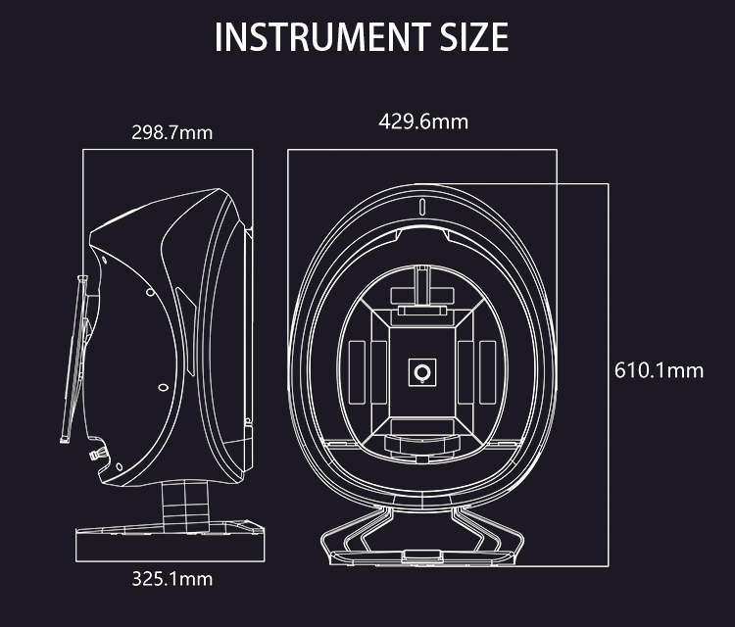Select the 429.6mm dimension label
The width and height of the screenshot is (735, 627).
[x=423, y=121]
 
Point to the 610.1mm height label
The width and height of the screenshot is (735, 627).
[x=659, y=370]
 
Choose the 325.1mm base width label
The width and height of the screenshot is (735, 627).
[x=171, y=579]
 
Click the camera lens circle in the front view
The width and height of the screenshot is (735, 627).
[x=422, y=371]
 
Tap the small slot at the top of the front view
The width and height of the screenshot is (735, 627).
[x=422, y=207]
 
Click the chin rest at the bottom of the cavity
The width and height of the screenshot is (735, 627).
[x=422, y=439]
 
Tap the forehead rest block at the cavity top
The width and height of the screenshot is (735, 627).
[x=422, y=295]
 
